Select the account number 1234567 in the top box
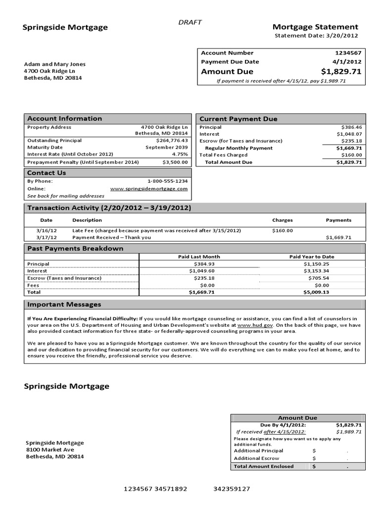click(x=348, y=53)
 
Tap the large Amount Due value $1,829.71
click(x=341, y=72)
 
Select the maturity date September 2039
click(x=167, y=147)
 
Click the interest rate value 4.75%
click(x=179, y=154)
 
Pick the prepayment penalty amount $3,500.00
click(x=175, y=162)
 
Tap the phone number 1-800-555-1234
click(x=167, y=181)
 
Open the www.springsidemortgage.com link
click(x=148, y=189)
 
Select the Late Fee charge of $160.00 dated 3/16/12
click(x=283, y=230)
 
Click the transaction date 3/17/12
click(x=47, y=237)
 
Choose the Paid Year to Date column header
click(x=311, y=257)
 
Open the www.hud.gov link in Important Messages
click(x=248, y=325)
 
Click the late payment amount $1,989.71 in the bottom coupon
click(x=349, y=432)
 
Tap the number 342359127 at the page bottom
click(x=232, y=489)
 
